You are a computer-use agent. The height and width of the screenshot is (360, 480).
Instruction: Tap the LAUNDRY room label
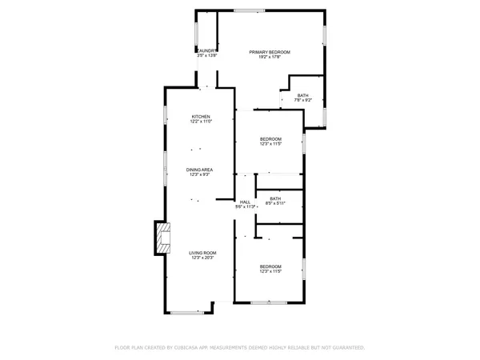pos(207,50)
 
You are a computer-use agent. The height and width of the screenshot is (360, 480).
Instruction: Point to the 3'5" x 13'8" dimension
pos(207,55)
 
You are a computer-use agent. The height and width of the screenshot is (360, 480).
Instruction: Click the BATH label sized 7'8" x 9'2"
pos(303,96)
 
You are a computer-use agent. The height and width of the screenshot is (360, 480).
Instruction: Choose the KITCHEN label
pos(200,117)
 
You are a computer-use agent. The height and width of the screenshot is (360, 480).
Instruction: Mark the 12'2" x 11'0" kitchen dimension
pos(200,122)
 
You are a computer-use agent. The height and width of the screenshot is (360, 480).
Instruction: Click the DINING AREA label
pos(199,170)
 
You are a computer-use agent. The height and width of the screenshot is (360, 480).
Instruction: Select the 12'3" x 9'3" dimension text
pos(199,174)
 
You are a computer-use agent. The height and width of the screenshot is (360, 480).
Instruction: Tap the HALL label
pos(245,202)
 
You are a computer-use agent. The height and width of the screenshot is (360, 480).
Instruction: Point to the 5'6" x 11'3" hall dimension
pos(245,206)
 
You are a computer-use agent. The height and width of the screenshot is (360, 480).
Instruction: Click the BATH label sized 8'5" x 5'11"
pos(275,198)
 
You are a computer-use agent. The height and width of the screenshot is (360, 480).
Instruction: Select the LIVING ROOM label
pos(202,253)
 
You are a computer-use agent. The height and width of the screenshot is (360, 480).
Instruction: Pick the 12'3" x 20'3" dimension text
pos(202,258)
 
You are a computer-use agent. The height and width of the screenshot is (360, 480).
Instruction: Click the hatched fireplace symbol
pos(162,238)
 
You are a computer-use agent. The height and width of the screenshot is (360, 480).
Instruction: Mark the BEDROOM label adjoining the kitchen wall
pos(270,139)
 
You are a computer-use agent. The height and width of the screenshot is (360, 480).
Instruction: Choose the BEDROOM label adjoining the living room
pos(270,266)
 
